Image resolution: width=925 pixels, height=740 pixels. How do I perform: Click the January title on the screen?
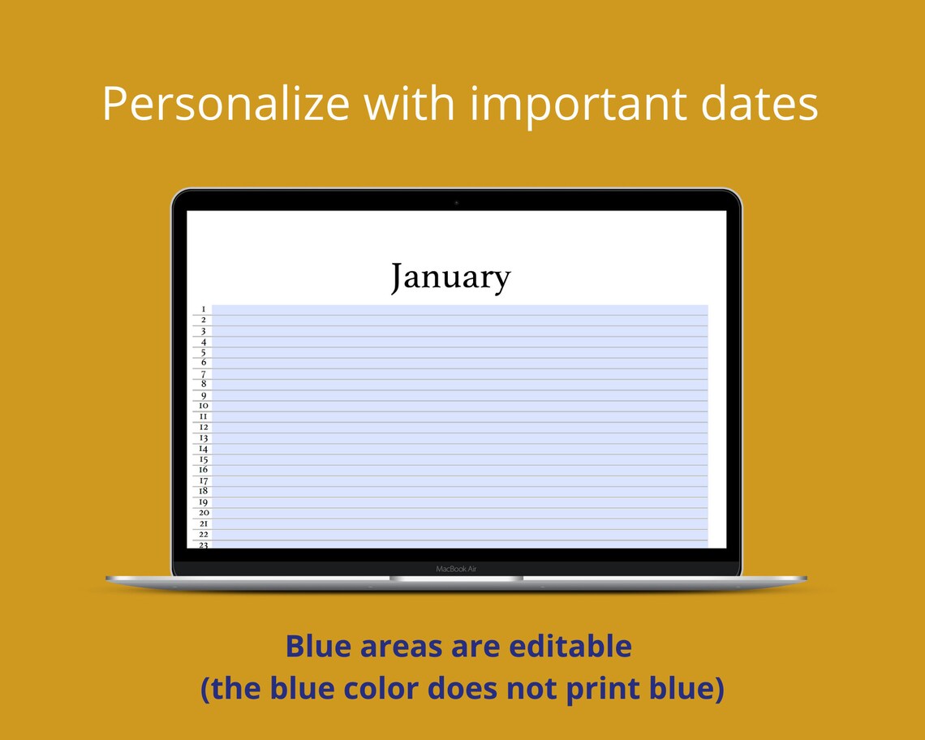click(450, 277)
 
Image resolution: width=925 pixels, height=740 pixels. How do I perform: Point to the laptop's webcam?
click(456, 202)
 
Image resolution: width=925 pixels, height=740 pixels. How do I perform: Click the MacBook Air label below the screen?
click(456, 569)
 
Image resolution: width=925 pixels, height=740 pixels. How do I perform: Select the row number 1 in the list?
click(203, 309)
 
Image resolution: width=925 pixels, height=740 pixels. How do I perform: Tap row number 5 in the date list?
click(203, 352)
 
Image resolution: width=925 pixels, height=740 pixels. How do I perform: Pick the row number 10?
click(203, 406)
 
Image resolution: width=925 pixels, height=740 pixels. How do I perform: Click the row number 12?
click(203, 427)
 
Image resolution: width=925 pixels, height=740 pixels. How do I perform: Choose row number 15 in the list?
click(203, 459)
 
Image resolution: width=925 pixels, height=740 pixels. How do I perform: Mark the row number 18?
click(203, 491)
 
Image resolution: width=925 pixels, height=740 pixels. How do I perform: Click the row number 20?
click(203, 513)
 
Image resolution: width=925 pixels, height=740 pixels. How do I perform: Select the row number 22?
click(203, 534)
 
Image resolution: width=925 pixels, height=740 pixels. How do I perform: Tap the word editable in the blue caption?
click(570, 647)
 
